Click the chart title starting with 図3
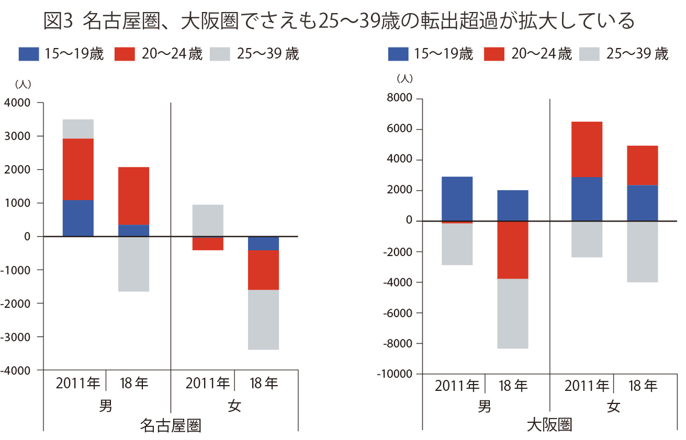pos(339,21)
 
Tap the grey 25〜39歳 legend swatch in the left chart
pos(220,54)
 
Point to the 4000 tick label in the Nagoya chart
pos(19,103)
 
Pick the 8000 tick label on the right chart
pos(398,99)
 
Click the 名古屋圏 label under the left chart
pos(170,426)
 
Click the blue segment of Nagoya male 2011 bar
pos(78,218)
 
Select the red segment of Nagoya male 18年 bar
pos(134,196)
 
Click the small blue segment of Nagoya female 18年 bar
pos(264,243)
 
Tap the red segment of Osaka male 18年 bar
pos(513,250)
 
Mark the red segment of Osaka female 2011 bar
pos(587,149)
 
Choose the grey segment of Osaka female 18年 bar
pos(643,251)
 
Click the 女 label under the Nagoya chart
pos(234,406)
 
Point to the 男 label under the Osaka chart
pos(485,406)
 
